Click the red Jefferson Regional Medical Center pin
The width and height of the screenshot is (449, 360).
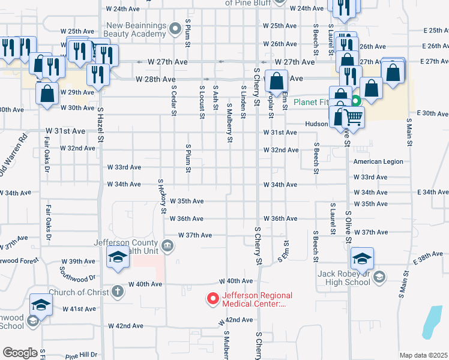(212, 298)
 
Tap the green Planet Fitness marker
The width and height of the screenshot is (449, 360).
(355, 101)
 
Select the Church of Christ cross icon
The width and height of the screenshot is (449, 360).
(118, 292)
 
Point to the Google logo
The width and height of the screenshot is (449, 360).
(20, 353)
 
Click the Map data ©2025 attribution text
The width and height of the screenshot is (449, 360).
(423, 355)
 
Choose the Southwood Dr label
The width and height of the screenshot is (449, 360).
(77, 274)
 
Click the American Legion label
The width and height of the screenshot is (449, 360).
(378, 162)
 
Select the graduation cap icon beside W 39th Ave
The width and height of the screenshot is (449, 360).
(118, 258)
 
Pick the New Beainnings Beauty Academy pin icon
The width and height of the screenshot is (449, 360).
(175, 28)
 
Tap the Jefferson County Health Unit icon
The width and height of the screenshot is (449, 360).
(168, 245)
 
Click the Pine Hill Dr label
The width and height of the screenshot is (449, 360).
(81, 355)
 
